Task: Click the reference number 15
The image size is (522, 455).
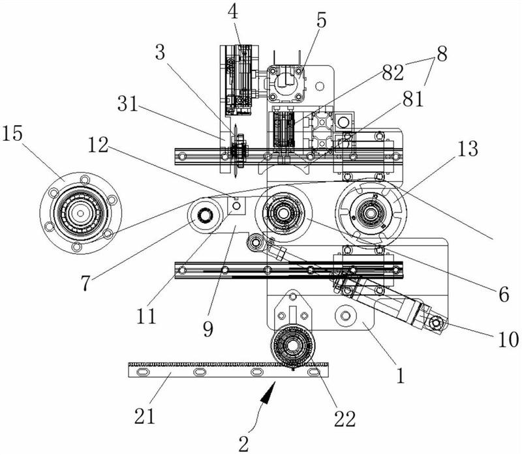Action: (x=12, y=134)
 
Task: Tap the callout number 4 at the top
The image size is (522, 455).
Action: (x=233, y=12)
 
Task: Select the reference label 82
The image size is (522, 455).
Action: (x=393, y=72)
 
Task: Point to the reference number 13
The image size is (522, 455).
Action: (x=468, y=149)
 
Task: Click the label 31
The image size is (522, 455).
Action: (x=127, y=104)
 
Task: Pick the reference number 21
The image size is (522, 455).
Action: (x=145, y=416)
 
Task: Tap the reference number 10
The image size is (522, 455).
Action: (x=508, y=340)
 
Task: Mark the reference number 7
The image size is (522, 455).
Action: (x=85, y=284)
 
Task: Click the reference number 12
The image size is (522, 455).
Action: (x=99, y=145)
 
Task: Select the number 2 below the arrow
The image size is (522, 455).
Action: (x=243, y=444)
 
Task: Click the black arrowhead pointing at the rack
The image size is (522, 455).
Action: (x=268, y=393)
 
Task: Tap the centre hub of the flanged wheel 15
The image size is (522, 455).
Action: (x=80, y=213)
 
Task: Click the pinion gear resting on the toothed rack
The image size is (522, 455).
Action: (x=292, y=347)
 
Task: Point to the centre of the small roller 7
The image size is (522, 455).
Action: (x=204, y=216)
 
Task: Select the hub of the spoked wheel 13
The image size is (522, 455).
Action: (x=371, y=213)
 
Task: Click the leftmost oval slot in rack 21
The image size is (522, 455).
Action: (x=142, y=372)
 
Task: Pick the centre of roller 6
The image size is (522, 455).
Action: (x=283, y=213)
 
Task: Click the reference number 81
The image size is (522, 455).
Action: (x=413, y=99)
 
